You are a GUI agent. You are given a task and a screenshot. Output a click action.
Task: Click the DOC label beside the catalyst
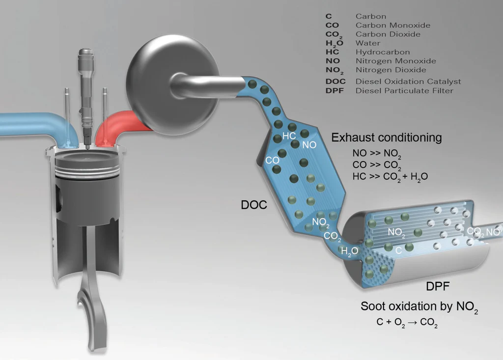[254, 204]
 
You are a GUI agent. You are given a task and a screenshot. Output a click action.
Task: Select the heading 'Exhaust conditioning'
[386, 138]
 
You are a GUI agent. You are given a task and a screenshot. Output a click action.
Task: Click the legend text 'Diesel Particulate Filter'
[404, 90]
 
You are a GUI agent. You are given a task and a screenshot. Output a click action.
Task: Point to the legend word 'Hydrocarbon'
[383, 52]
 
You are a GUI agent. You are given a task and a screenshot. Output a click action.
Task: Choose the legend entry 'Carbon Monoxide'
[393, 26]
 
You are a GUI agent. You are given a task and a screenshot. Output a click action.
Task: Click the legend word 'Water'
[368, 43]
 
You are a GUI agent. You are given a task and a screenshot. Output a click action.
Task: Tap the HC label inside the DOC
[289, 136]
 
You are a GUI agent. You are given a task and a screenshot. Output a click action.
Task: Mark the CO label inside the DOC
[272, 161]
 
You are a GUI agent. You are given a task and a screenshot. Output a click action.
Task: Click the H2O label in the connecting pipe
[349, 252]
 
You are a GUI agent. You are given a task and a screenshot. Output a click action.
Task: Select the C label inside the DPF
[398, 250]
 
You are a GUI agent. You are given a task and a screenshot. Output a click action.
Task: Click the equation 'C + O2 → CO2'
[407, 323]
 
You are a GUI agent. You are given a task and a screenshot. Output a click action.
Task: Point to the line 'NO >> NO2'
[377, 153]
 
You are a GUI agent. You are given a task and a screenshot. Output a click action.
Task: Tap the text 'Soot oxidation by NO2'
[419, 307]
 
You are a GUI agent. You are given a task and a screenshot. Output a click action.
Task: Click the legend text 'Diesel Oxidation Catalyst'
[408, 82]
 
